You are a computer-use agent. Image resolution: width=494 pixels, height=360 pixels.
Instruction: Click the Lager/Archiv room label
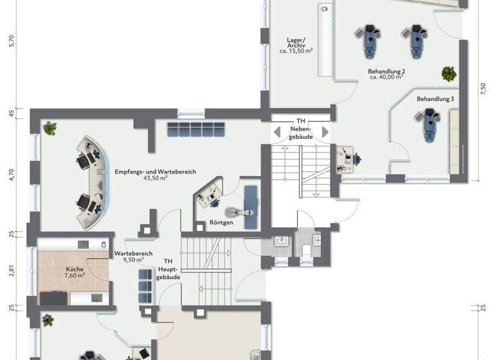pyautogui.click(x=296, y=46)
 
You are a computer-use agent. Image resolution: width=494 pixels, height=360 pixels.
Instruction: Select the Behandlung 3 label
pyautogui.click(x=435, y=100)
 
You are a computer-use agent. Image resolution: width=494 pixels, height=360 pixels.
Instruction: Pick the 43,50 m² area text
pyautogui.click(x=155, y=178)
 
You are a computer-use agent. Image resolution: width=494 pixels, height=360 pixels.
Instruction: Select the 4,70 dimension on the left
pyautogui.click(x=11, y=174)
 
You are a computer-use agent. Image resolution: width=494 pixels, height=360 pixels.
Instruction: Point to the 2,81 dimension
pyautogui.click(x=11, y=270)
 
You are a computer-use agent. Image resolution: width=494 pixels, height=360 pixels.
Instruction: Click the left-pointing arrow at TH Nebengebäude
pyautogui.click(x=277, y=132)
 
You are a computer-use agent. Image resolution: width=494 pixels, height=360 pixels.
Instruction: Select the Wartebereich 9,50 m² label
pyautogui.click(x=134, y=257)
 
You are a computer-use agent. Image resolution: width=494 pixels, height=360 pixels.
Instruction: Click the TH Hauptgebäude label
pyautogui.click(x=169, y=269)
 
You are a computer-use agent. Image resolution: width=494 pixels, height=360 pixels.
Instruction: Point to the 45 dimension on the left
pyautogui.click(x=11, y=114)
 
